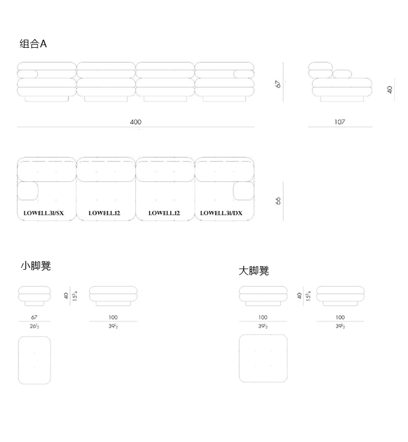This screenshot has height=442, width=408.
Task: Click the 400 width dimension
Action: pos(135,122)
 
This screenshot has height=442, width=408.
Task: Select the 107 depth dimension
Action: pos(340,122)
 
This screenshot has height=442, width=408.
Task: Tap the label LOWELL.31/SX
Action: pos(44,213)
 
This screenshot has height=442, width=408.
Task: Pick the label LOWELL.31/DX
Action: pos(221,213)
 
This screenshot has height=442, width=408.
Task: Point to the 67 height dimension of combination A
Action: pos(278,84)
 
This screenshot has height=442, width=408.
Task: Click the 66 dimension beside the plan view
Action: pos(278,201)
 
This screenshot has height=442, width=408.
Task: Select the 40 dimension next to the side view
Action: pos(390,89)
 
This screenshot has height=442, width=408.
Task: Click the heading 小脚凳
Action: pos(36,266)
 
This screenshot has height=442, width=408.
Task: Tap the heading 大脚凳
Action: pos(254,271)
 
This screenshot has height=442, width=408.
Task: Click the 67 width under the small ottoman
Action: pos(34,317)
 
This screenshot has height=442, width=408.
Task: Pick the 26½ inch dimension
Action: pos(34,326)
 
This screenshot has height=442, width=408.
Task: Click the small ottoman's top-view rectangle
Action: pos(34,360)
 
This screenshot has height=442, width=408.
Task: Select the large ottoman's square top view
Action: pos(263,358)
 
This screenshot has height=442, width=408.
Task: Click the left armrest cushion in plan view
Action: pos(27,191)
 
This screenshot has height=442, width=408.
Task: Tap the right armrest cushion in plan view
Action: pos(244,191)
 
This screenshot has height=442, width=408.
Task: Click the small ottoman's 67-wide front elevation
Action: pos(34,295)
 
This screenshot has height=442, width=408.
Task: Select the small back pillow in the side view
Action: pos(343,74)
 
